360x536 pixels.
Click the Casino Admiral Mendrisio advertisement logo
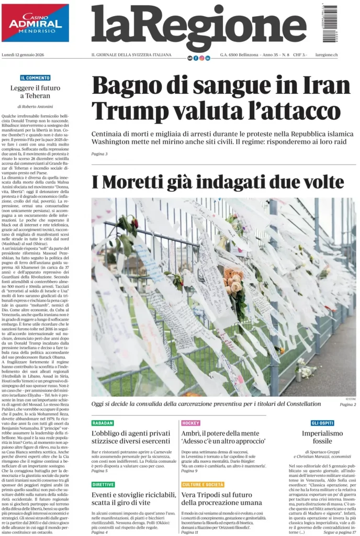coord(35,23)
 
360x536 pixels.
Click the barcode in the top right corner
coord(330,24)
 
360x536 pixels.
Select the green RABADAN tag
coord(103,423)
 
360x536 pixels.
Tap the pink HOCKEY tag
coord(190,423)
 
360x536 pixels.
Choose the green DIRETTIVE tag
coord(103,485)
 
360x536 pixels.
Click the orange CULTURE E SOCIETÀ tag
coord(203,485)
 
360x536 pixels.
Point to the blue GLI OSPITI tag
coord(322,423)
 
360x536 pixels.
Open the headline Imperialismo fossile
coord(322,438)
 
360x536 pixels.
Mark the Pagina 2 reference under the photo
coord(347,405)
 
